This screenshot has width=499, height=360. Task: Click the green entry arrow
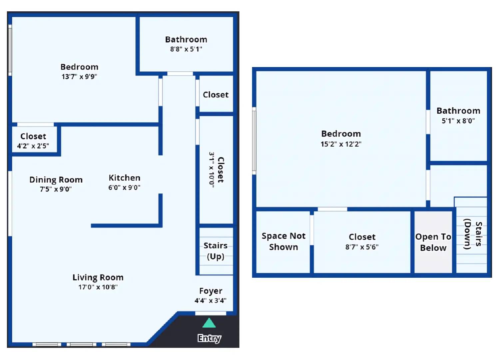click(x=209, y=323)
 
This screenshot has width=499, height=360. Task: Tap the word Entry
click(x=209, y=338)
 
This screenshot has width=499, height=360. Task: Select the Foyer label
click(x=211, y=291)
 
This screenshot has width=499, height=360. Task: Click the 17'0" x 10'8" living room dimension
click(x=98, y=287)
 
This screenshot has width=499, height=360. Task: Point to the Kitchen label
click(x=125, y=178)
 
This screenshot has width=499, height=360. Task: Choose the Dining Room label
click(x=56, y=180)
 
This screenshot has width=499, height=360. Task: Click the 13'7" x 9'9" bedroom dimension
click(x=79, y=77)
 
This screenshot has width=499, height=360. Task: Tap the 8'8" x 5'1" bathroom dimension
click(x=186, y=49)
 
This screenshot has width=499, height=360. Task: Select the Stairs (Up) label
click(x=216, y=251)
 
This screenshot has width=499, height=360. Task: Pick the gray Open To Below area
click(x=433, y=242)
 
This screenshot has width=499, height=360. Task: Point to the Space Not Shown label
click(x=283, y=241)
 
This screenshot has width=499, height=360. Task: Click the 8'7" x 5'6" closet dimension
click(x=362, y=247)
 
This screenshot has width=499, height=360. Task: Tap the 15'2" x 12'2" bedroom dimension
click(x=341, y=144)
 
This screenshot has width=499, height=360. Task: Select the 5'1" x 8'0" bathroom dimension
click(x=458, y=121)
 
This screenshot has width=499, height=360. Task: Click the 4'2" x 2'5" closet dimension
click(x=33, y=146)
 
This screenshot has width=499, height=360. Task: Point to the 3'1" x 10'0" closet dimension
click(x=212, y=170)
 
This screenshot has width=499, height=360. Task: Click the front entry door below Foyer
click(x=211, y=313)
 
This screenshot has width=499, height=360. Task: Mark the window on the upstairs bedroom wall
click(x=254, y=141)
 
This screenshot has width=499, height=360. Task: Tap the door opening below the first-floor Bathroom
click(x=180, y=74)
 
